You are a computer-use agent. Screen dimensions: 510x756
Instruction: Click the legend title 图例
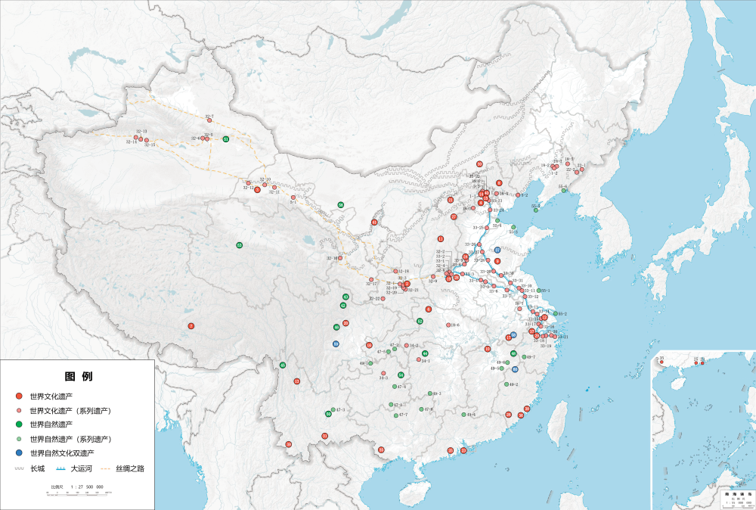(79, 376)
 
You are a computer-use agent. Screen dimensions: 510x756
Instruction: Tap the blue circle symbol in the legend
(19, 453)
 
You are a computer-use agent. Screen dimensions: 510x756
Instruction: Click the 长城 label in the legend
(37, 468)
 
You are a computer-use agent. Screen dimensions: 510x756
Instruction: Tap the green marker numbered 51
(225, 139)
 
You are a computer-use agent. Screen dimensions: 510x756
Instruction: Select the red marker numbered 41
(374, 222)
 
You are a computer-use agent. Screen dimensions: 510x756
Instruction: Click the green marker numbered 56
(341, 205)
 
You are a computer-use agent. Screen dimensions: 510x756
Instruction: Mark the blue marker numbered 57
(497, 250)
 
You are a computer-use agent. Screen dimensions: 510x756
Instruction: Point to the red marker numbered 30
(479, 164)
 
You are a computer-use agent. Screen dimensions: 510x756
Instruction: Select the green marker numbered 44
(425, 353)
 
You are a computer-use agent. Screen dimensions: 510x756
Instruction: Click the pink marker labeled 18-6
(448, 325)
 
